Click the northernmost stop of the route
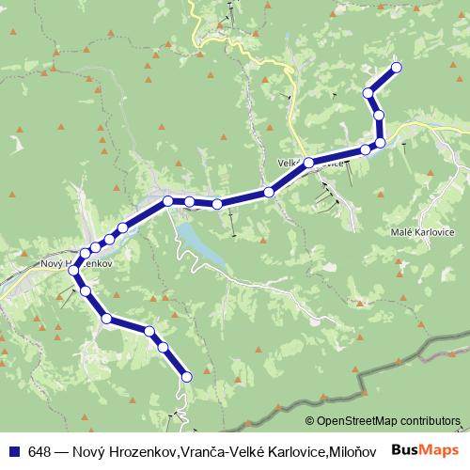pyautogui.click(x=396, y=67)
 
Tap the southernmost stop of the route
pyautogui.click(x=186, y=376)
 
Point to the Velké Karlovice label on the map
pyautogui.click(x=311, y=163)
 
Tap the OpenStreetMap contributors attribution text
pyautogui.click(x=387, y=420)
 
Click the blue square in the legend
pyautogui.click(x=15, y=450)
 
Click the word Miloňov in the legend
pyautogui.click(x=356, y=450)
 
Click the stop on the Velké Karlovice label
pyautogui.click(x=308, y=163)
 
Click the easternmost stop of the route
pyautogui.click(x=396, y=67)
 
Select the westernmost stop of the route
pyautogui.click(x=74, y=271)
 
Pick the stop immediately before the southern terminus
pyautogui.click(x=164, y=348)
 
